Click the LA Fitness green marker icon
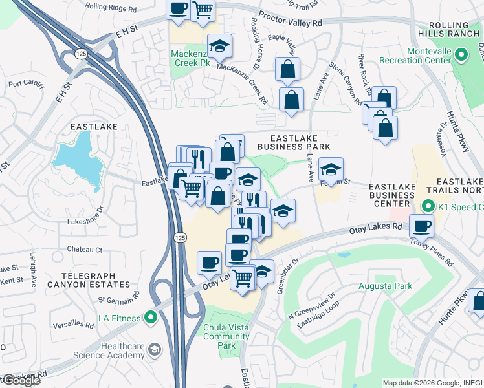click(x=151, y=318)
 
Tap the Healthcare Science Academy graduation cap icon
click(x=154, y=350)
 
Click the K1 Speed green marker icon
click(x=427, y=206)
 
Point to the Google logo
click(x=21, y=380)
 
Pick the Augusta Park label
click(x=385, y=285)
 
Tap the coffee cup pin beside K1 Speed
click(x=422, y=226)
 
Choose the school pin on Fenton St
click(x=331, y=170)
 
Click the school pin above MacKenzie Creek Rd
click(x=220, y=45)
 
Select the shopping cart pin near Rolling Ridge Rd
click(x=203, y=10)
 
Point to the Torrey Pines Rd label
click(x=432, y=250)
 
